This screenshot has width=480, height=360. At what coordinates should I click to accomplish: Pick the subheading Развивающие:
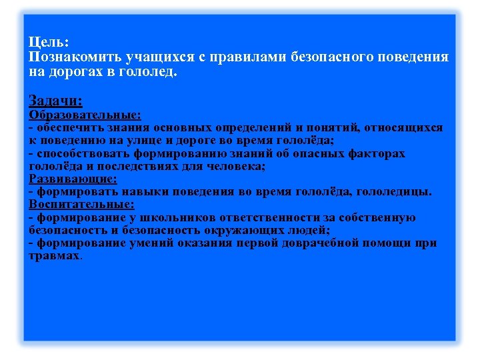[x=73, y=179]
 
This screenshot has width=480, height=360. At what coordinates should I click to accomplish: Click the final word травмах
[x=54, y=256]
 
